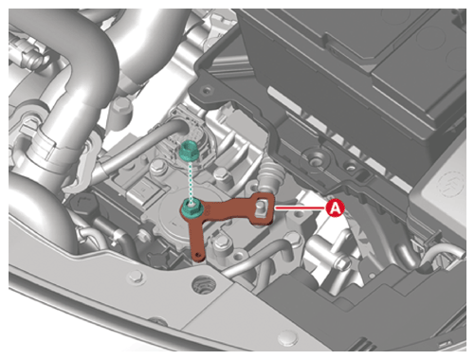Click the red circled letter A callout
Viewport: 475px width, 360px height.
pos(335,208)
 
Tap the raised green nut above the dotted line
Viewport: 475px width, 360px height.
pos(188,150)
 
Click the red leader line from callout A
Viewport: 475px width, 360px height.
pos(301,208)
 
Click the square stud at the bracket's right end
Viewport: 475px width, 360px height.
pos(261,207)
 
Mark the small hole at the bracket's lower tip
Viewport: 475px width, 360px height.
pos(198,254)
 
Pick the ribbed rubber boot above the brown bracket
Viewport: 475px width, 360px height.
pos(271,176)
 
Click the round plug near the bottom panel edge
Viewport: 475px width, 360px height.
pos(287,338)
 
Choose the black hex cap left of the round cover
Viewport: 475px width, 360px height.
pos(82,203)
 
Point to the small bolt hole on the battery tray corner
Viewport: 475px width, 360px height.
pos(206,91)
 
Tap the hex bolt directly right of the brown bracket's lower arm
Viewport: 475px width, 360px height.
pos(221,243)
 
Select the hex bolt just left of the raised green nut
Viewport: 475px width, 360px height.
pos(157,166)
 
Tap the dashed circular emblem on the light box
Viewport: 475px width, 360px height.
pos(449,183)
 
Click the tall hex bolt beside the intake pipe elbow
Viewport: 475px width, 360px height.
pos(121,108)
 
